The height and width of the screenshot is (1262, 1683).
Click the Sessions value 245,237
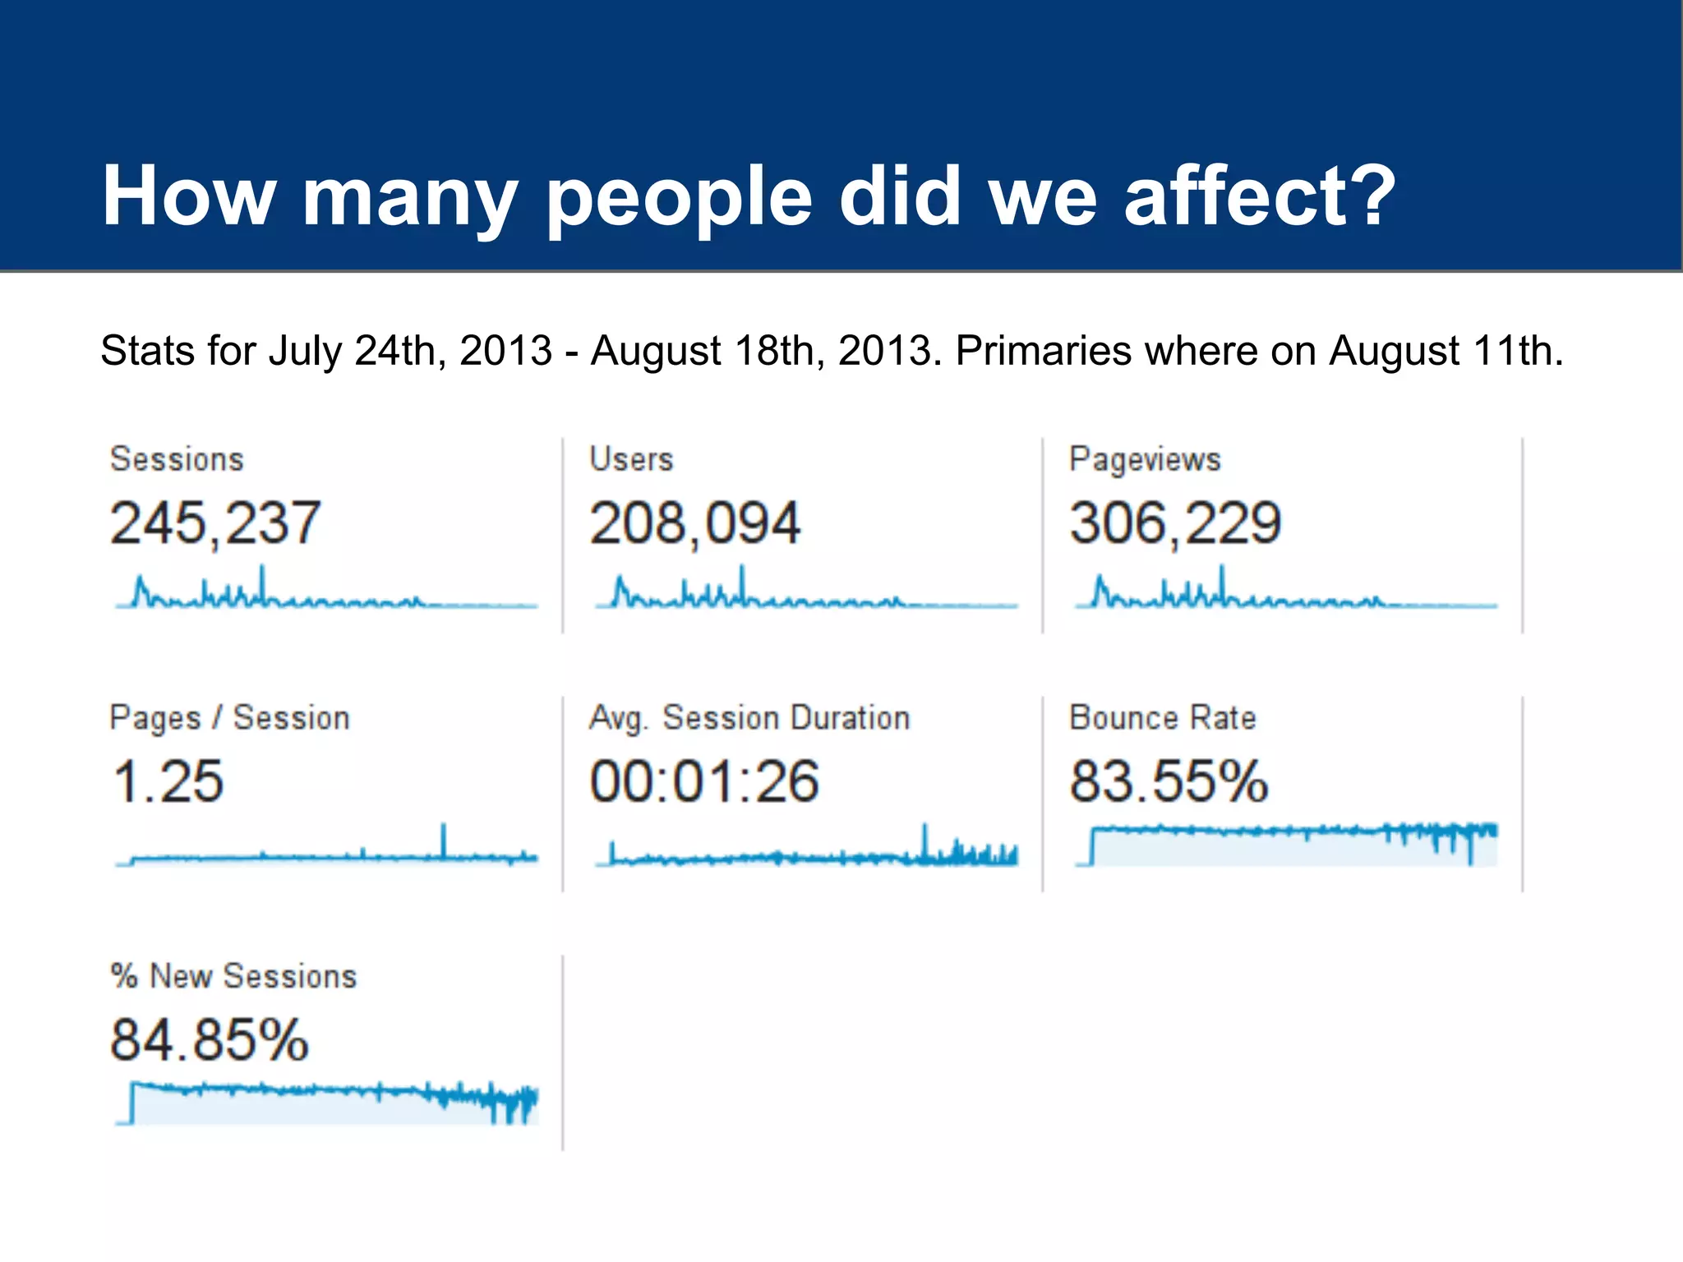[214, 523]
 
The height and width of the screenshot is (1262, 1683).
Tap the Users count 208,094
[694, 523]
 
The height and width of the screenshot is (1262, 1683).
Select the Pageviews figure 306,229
[1174, 523]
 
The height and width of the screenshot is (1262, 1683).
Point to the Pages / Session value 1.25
[168, 781]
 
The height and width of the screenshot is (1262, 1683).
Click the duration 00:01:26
[704, 781]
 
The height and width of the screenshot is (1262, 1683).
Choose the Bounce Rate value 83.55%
[1168, 781]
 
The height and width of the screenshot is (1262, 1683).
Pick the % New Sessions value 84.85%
[209, 1040]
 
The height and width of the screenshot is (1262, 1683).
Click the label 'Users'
[631, 459]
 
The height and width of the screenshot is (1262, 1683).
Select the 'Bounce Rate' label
[1162, 718]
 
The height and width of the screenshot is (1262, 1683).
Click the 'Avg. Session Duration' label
[749, 718]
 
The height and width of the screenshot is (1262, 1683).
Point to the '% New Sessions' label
[233, 977]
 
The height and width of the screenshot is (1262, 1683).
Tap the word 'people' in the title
[679, 197]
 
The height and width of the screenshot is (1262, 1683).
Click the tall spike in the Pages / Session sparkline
[444, 840]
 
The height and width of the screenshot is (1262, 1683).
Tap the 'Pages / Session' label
[229, 718]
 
